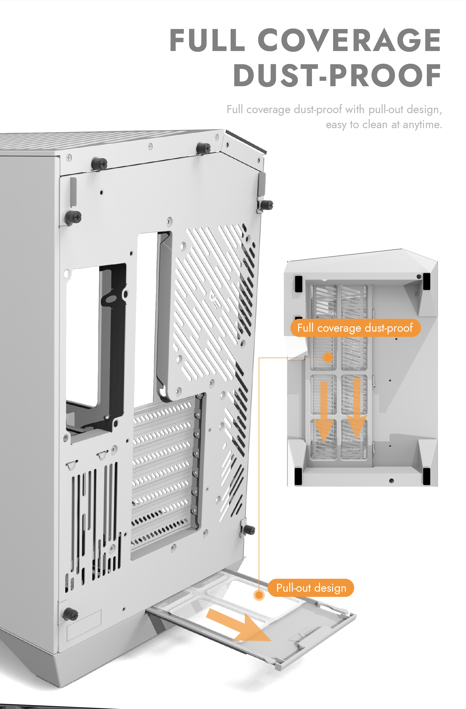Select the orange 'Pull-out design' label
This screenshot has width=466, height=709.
[311, 588]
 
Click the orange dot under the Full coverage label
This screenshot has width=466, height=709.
[327, 357]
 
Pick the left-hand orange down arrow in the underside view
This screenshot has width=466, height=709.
[324, 411]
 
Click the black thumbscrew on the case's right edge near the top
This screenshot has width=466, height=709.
[266, 205]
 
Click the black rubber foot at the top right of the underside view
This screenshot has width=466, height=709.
[426, 281]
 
